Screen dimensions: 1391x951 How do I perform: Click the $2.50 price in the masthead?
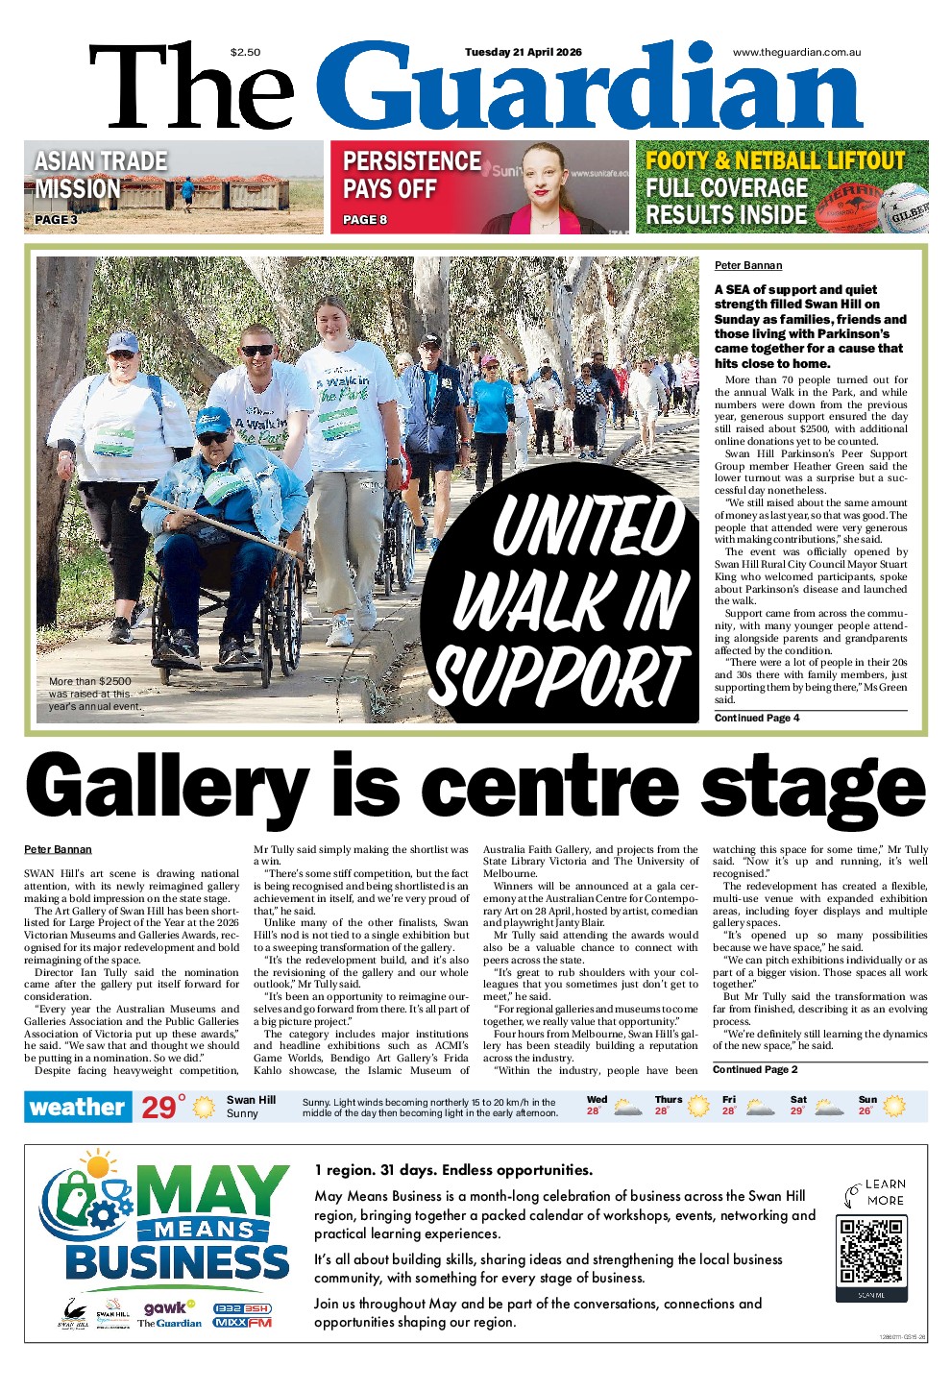point(245,53)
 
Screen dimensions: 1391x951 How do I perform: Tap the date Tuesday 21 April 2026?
point(523,53)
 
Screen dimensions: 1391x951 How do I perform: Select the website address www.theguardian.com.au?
point(796,53)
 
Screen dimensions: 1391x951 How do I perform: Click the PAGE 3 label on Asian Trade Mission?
point(56,219)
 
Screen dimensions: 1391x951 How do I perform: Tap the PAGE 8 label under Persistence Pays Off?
point(365,219)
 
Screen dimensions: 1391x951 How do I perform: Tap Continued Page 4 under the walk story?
point(757,718)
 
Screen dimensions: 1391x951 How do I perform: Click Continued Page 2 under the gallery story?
point(755,1069)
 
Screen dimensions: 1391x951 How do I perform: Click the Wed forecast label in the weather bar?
point(597,1099)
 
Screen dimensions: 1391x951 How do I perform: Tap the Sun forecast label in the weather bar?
point(867,1099)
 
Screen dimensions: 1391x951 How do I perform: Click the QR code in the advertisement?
point(871,1251)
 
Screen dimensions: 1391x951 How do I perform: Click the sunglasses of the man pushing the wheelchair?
point(256,351)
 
